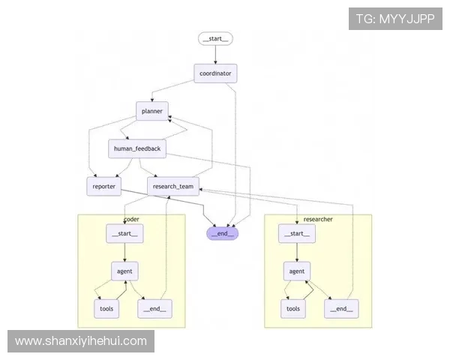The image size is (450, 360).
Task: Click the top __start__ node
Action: point(216,38)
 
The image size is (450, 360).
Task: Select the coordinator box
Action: point(216,73)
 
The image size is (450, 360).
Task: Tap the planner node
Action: point(152,111)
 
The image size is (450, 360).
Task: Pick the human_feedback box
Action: point(136,148)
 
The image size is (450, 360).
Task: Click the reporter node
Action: point(103,187)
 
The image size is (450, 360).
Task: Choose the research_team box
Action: point(173,187)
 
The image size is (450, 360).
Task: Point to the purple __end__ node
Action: point(223,233)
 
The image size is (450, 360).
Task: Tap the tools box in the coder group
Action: point(106,307)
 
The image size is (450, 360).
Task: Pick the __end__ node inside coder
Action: point(153,307)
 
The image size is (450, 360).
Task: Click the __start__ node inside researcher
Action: point(296,234)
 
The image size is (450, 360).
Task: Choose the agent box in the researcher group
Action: point(296,271)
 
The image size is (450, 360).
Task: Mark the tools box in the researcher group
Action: point(293,307)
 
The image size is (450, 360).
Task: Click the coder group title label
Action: point(131,219)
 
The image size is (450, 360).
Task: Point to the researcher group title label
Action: point(318,219)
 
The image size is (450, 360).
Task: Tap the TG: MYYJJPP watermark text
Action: point(395,19)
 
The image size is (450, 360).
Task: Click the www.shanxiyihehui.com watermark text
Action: point(81,341)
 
